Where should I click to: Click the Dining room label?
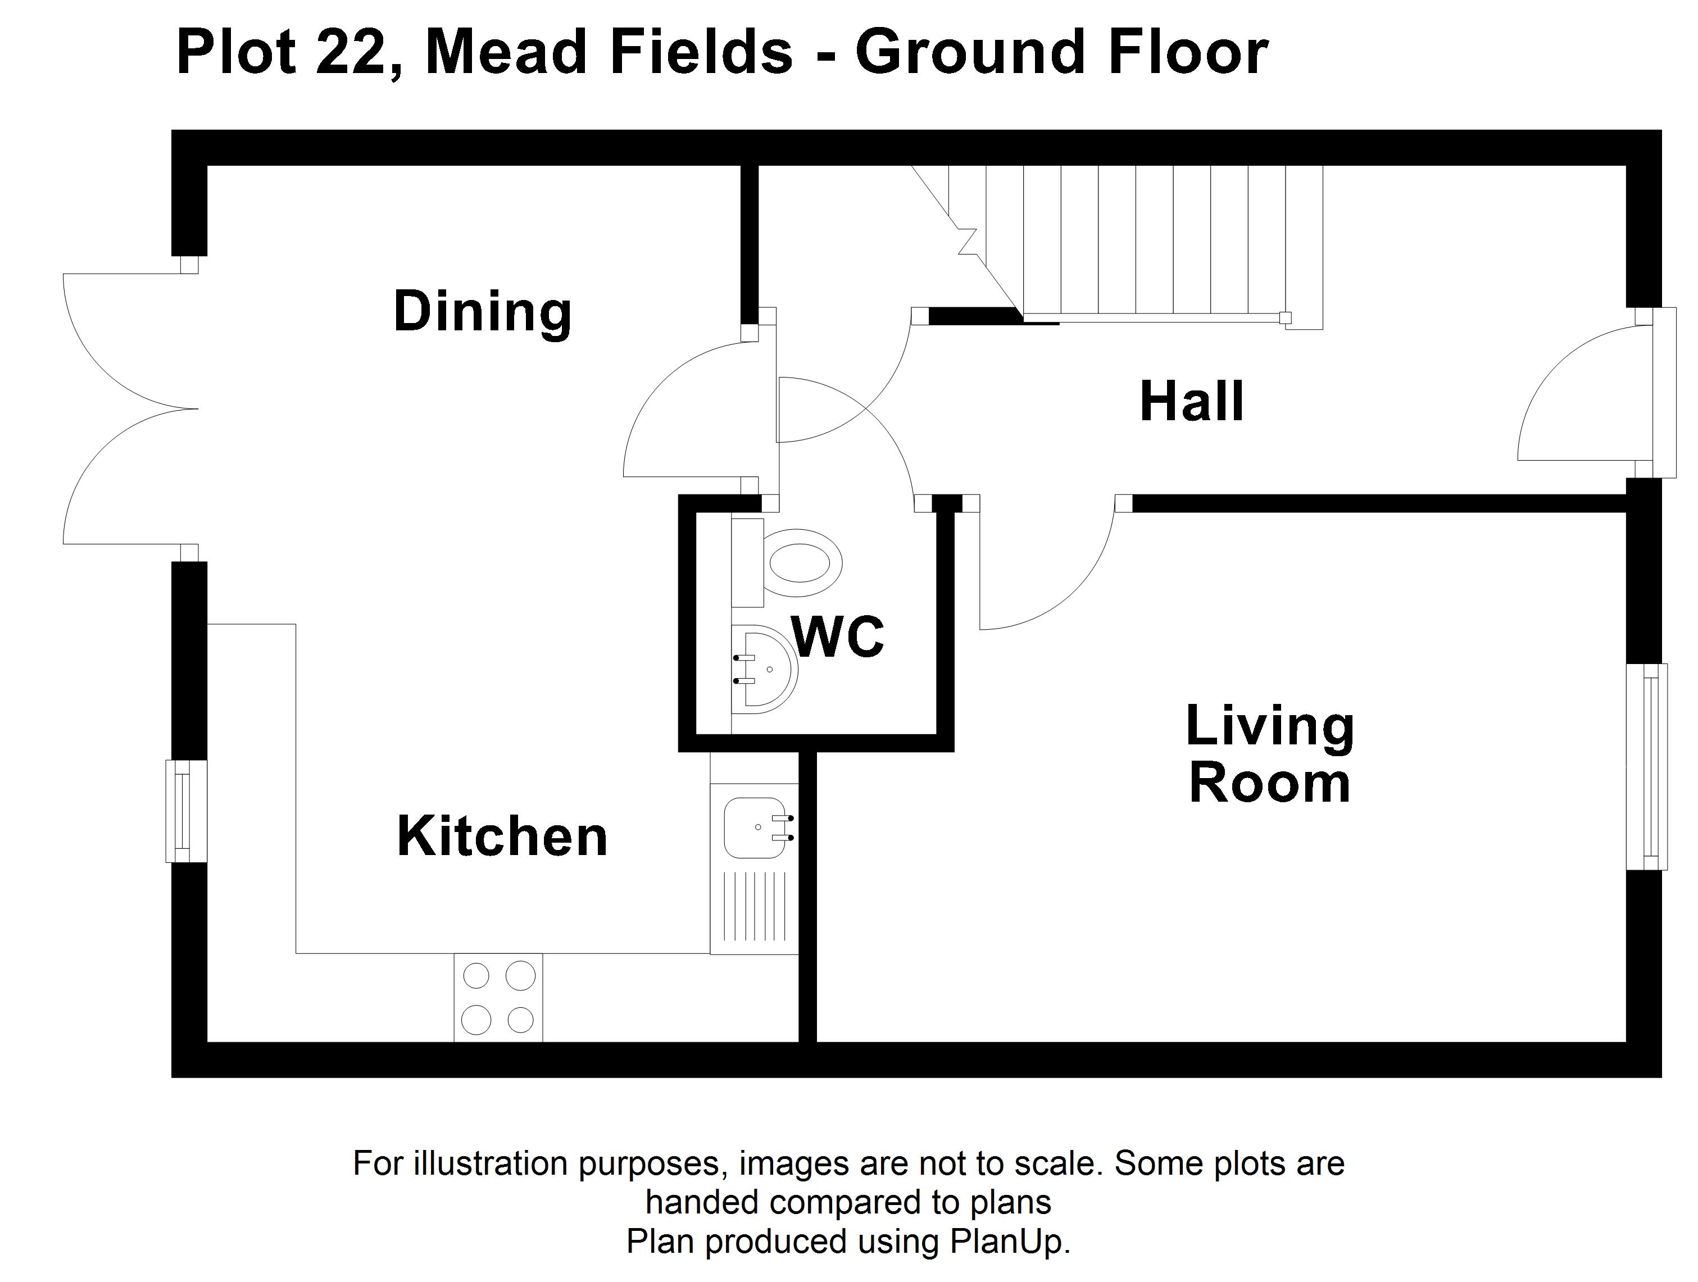(x=483, y=312)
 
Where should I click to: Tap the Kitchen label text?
(x=502, y=836)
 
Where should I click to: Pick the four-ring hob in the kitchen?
(x=498, y=997)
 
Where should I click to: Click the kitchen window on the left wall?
(x=187, y=811)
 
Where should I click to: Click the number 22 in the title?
(x=350, y=53)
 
